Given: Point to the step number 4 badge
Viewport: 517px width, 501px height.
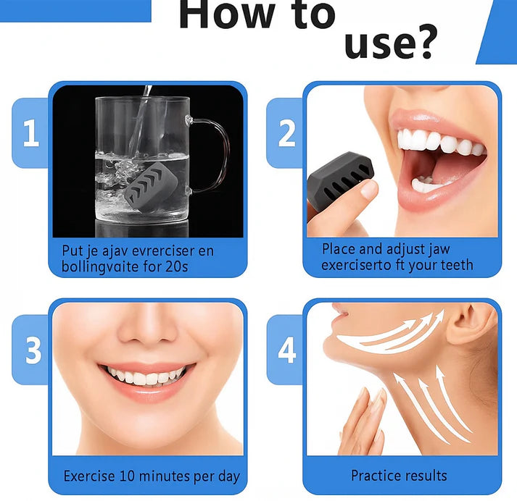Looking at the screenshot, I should pyautogui.click(x=287, y=350).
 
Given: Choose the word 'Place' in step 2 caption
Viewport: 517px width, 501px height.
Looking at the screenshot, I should pyautogui.click(x=339, y=248).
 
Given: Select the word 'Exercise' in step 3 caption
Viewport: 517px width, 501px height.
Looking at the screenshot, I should pyautogui.click(x=89, y=476).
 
